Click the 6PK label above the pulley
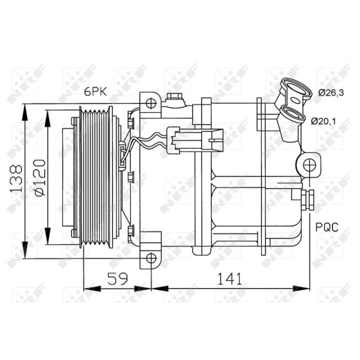(x=95, y=92)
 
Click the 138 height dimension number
(x=16, y=178)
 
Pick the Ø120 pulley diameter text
(x=39, y=177)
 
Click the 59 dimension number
(x=117, y=278)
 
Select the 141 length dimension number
(x=229, y=278)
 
